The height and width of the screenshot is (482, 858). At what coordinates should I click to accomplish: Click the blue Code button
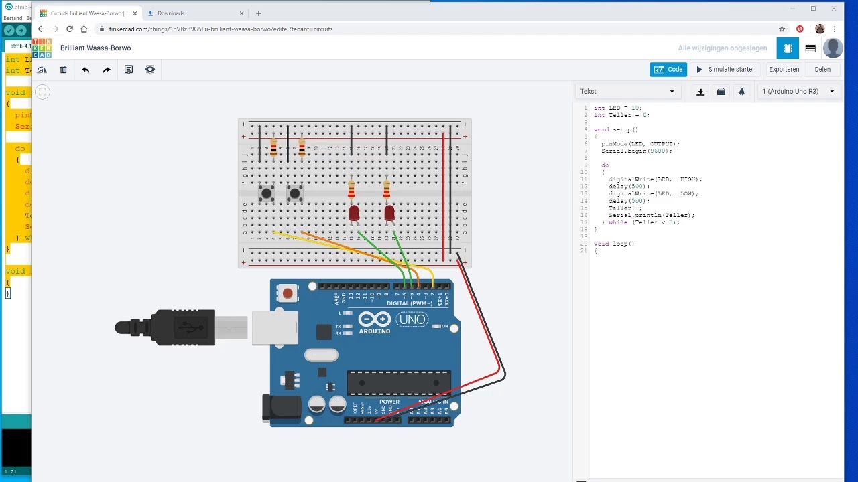click(x=668, y=70)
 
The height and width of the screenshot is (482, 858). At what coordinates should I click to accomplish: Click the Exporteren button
click(x=784, y=70)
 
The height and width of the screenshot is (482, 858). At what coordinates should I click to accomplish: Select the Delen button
click(x=822, y=70)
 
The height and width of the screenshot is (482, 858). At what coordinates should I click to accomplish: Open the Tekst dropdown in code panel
click(x=627, y=92)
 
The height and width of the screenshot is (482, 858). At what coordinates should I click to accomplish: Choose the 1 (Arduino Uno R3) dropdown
click(x=798, y=92)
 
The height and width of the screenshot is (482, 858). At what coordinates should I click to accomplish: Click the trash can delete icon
click(x=64, y=70)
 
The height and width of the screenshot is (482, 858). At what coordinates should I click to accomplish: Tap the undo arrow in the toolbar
click(x=85, y=70)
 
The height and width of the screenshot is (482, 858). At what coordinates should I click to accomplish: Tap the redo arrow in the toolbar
click(x=107, y=70)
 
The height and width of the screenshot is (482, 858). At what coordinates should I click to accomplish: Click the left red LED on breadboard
click(x=354, y=213)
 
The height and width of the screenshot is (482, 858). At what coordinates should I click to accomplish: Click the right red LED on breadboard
click(x=389, y=213)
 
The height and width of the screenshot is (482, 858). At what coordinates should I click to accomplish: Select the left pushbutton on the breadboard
click(x=266, y=194)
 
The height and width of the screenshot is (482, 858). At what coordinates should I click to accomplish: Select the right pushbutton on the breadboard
click(x=294, y=194)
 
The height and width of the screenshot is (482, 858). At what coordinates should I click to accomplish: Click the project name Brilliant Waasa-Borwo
click(x=96, y=48)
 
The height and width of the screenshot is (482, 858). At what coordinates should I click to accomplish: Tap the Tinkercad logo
click(x=42, y=48)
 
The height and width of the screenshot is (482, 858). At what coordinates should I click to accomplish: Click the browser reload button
click(x=70, y=29)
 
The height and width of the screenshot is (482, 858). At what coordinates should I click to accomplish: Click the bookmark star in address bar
click(x=782, y=29)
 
